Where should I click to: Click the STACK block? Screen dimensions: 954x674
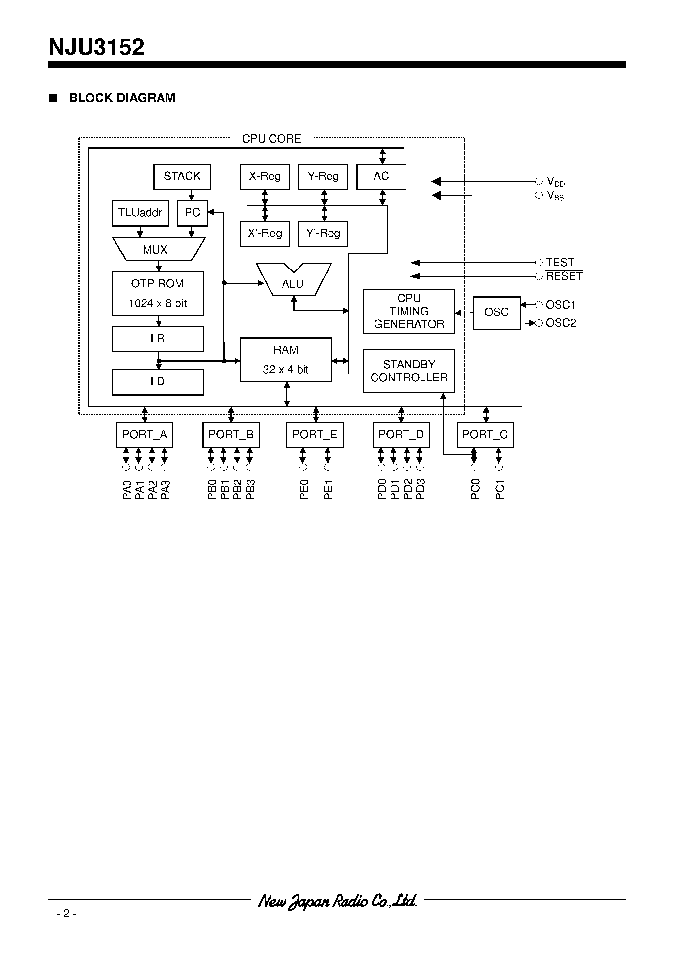(182, 177)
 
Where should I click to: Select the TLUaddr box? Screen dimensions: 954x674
(140, 213)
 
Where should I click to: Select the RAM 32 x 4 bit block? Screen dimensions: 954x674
(285, 360)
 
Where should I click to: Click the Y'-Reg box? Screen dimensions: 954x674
(323, 234)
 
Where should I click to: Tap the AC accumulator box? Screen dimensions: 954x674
(381, 177)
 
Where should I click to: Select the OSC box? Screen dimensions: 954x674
(496, 313)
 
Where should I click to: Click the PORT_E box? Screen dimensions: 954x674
(314, 435)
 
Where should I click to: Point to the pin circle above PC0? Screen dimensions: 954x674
(474, 467)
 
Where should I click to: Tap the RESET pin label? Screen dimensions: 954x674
(564, 276)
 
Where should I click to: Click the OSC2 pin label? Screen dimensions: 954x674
(560, 323)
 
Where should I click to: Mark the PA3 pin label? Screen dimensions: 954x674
(165, 489)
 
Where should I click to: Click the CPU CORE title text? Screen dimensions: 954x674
(271, 139)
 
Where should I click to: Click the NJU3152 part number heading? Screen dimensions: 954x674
(97, 47)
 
